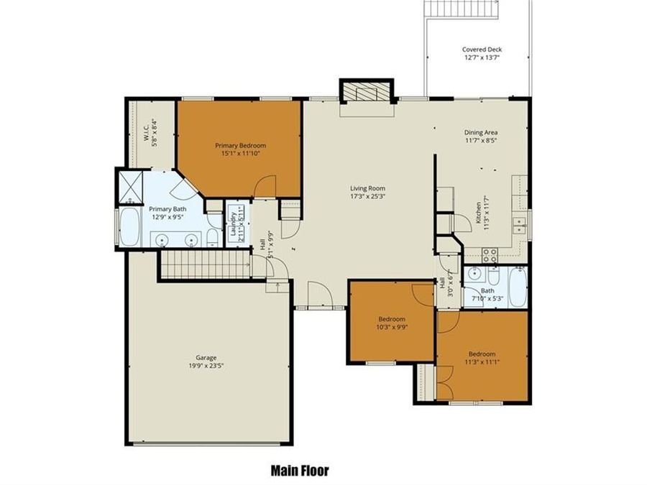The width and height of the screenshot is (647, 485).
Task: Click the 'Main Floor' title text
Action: point(300,471)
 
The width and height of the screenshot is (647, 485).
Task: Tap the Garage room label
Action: point(206,358)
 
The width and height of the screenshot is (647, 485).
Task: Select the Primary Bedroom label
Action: point(240,145)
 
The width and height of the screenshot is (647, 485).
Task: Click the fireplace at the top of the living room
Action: point(367,92)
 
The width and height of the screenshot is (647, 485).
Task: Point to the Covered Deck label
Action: point(481,50)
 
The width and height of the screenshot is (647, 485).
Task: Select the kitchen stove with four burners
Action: point(490,254)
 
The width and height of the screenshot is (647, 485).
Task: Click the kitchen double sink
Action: point(520,226)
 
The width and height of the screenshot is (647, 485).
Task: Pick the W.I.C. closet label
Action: point(146,134)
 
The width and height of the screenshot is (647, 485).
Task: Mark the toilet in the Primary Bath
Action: point(213,237)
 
